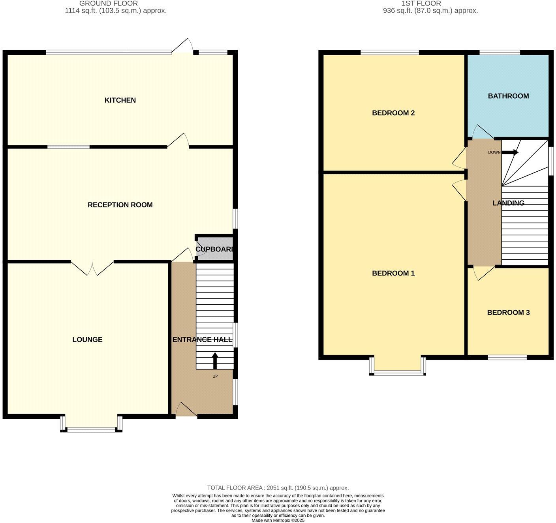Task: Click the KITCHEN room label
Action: (120, 100)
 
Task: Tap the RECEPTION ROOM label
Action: (120, 205)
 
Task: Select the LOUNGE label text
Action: (87, 339)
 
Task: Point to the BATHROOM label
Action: (508, 96)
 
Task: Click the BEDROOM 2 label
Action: (393, 113)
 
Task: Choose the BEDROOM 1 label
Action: (393, 273)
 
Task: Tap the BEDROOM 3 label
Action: (508, 313)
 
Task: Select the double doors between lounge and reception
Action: (92, 268)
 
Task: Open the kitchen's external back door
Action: (183, 47)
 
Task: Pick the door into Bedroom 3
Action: (483, 273)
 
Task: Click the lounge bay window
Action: (91, 429)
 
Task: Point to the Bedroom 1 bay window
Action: (397, 372)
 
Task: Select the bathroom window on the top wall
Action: (500, 52)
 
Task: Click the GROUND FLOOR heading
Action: (109, 4)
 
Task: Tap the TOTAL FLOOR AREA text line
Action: (278, 488)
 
